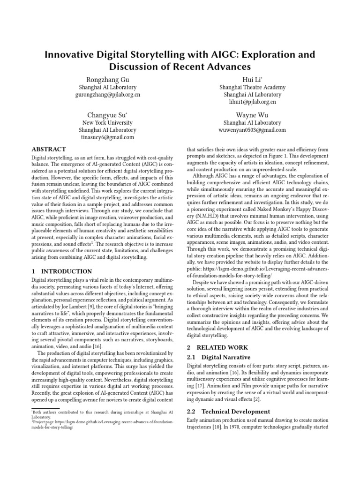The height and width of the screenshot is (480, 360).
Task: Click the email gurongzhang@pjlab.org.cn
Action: point(107,94)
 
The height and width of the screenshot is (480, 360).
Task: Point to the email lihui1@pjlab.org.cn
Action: point(252,102)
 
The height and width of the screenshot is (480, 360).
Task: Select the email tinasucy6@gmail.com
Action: point(107,137)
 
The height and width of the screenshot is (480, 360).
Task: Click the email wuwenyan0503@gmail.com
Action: point(252,130)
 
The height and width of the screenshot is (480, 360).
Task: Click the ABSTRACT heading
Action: point(52,150)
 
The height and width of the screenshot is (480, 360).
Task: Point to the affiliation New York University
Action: point(107,123)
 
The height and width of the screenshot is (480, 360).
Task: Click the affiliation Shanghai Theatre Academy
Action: point(252,87)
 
